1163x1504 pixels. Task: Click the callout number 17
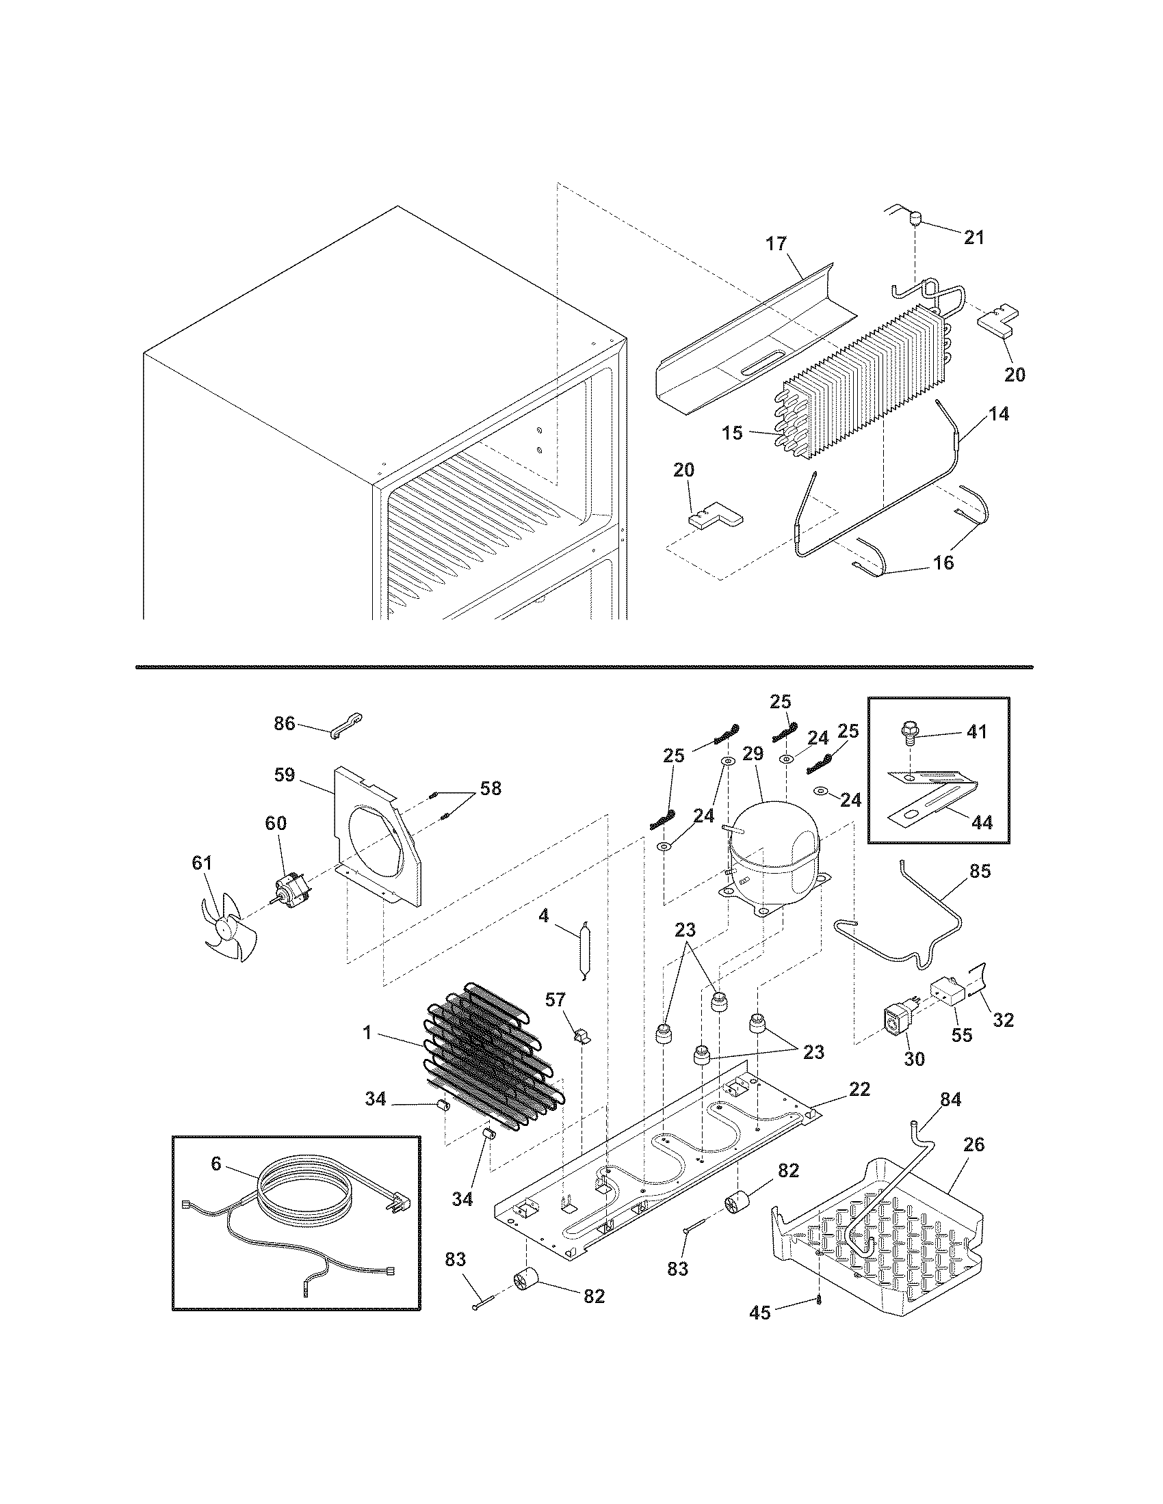coord(776,244)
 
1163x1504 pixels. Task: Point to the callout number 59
coord(285,775)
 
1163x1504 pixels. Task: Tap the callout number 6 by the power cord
coord(216,1163)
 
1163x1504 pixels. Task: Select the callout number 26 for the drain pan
coord(973,1144)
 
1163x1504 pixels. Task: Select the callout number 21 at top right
coord(973,238)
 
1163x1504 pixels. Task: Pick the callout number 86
coord(284,723)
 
